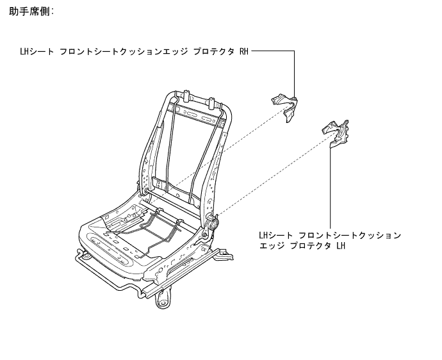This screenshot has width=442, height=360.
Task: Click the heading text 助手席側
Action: (31, 12)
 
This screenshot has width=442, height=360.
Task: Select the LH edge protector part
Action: (336, 133)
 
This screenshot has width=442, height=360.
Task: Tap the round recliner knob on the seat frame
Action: (213, 224)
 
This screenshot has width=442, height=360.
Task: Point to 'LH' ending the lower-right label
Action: (340, 246)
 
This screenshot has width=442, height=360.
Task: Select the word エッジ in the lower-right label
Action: (271, 246)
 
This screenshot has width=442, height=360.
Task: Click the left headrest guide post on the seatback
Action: (185, 96)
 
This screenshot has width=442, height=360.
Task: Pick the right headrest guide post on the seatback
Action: (213, 101)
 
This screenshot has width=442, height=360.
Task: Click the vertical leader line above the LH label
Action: (331, 186)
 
